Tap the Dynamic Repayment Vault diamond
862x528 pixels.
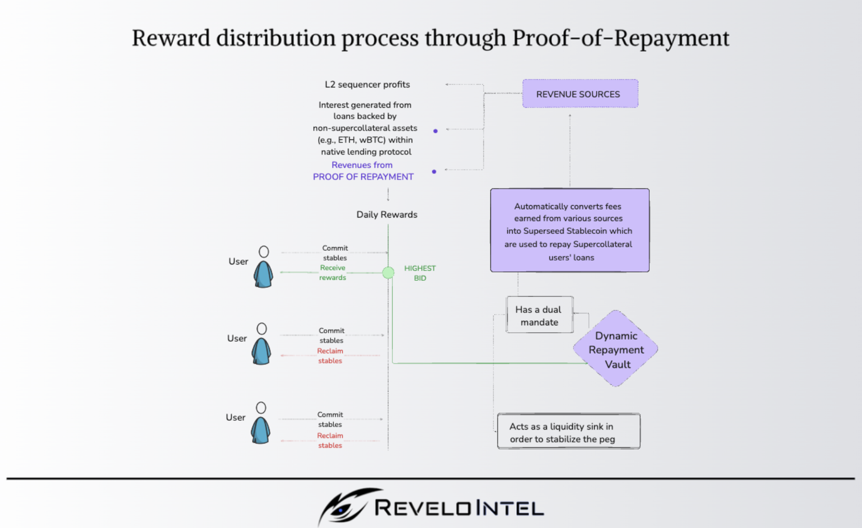pyautogui.click(x=616, y=349)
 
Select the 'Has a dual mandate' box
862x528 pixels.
pyautogui.click(x=539, y=315)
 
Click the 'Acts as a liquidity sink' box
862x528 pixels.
pyautogui.click(x=569, y=432)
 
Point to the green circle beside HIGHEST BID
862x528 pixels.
pyautogui.click(x=388, y=272)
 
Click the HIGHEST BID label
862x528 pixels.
pyautogui.click(x=420, y=273)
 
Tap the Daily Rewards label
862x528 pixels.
pyautogui.click(x=386, y=215)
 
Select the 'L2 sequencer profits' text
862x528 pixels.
pyautogui.click(x=367, y=85)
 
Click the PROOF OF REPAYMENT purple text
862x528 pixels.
pyautogui.click(x=363, y=177)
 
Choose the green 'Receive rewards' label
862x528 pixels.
pyautogui.click(x=333, y=272)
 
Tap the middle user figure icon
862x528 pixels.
pyautogui.click(x=261, y=344)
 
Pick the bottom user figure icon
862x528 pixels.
pyautogui.click(x=260, y=423)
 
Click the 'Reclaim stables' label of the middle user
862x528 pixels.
pyautogui.click(x=330, y=356)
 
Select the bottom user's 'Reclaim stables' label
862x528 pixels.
pyautogui.click(x=330, y=440)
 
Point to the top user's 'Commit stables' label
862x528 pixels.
pyautogui.click(x=335, y=253)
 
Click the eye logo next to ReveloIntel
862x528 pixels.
pyautogui.click(x=344, y=506)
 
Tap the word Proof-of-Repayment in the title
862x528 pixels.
pyautogui.click(x=621, y=38)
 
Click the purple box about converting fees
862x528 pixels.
pyautogui.click(x=570, y=230)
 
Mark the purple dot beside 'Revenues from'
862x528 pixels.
pyautogui.click(x=434, y=172)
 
